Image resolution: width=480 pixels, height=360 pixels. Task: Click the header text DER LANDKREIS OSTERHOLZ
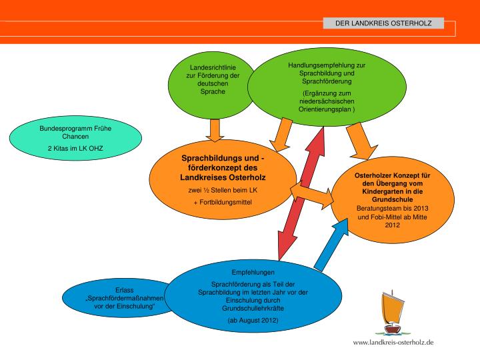378,23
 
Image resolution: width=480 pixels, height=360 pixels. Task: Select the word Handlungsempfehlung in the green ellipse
327,65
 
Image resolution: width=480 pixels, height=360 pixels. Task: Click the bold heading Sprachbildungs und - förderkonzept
223,167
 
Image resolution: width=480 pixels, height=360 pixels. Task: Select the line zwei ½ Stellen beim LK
223,190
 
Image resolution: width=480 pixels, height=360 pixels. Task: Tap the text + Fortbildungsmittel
223,201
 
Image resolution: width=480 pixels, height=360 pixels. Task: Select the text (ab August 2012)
253,321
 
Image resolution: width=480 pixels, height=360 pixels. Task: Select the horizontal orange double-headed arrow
313,194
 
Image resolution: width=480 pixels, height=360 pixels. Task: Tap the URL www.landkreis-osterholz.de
393,342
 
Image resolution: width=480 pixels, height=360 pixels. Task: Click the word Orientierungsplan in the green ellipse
327,108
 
